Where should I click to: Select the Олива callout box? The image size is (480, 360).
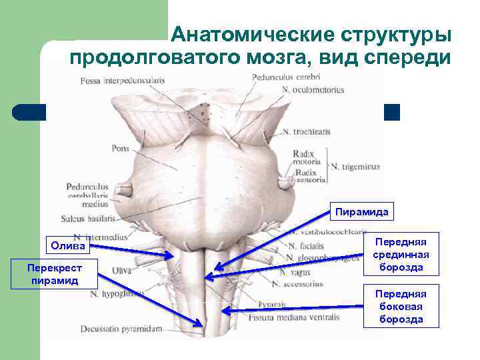(x=68, y=246)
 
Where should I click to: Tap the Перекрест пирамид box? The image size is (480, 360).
(x=55, y=273)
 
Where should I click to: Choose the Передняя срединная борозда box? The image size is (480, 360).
(x=400, y=254)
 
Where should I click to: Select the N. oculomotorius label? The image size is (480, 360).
(x=312, y=89)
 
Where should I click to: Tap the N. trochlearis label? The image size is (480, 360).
(x=306, y=132)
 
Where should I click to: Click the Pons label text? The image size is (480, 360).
(x=120, y=149)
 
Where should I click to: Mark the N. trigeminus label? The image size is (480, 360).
(x=355, y=167)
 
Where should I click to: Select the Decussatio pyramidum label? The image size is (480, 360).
(x=121, y=329)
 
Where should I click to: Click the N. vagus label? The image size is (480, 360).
(x=293, y=272)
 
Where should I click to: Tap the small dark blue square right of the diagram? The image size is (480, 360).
(x=392, y=113)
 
